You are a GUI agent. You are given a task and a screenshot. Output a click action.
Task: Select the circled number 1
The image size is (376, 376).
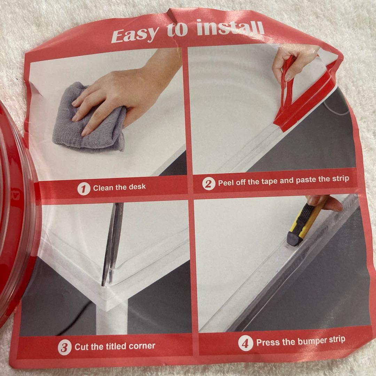[x=84, y=189]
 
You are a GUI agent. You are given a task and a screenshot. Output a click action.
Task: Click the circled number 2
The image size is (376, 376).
[x=209, y=184]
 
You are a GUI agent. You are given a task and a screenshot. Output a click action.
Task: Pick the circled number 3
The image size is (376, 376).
[x=65, y=347]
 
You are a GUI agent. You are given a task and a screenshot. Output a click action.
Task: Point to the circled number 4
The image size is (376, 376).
[x=245, y=343]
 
